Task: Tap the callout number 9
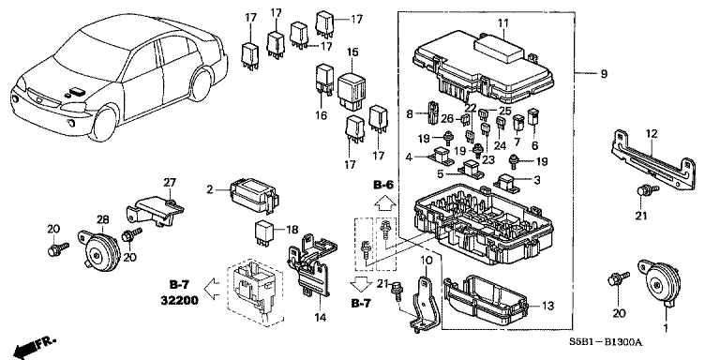604,74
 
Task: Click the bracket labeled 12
652,159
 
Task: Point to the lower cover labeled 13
487,302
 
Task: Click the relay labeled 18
265,231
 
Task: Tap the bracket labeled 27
155,210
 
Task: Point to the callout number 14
320,317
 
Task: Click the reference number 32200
180,301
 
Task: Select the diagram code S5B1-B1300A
606,342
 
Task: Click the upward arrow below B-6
385,202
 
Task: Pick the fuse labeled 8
433,112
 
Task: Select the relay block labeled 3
507,181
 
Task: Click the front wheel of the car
104,123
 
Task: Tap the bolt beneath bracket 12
646,191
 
